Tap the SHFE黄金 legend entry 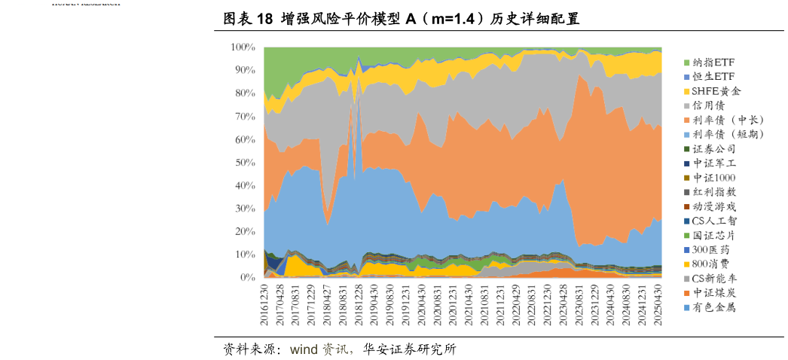(716, 91)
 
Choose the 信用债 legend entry (708, 105)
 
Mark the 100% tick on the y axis (243, 47)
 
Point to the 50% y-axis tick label (245, 163)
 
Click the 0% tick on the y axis (248, 278)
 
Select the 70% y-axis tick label (245, 116)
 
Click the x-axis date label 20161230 (264, 304)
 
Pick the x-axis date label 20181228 (359, 304)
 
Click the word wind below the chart (304, 349)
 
